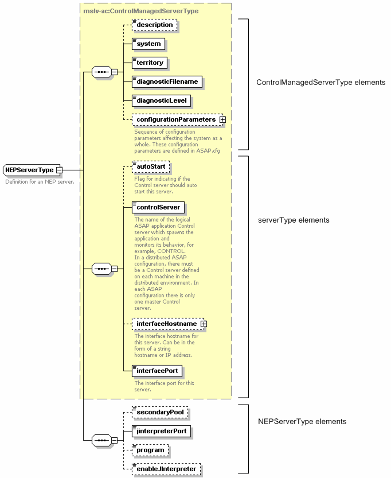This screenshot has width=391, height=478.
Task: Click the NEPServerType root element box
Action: [29, 170]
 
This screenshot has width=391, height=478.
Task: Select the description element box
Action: [154, 25]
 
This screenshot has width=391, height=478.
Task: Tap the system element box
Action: [148, 44]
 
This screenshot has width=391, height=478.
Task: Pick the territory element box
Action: [150, 63]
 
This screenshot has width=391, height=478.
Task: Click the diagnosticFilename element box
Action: [166, 81]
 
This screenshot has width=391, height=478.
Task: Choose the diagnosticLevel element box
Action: [161, 100]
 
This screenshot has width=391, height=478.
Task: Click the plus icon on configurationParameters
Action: [222, 119]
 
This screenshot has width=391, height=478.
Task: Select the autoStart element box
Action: [150, 166]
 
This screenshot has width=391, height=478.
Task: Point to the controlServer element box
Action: [158, 207]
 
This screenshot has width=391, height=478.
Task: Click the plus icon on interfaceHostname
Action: [203, 324]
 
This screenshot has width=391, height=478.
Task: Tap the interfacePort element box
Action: [157, 371]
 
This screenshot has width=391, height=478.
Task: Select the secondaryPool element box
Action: [159, 412]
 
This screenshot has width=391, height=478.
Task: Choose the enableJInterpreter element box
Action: [166, 469]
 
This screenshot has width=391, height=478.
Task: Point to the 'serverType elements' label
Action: [294, 220]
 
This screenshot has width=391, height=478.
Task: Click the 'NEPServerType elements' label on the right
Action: [302, 421]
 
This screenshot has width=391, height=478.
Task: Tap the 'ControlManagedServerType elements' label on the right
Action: [320, 82]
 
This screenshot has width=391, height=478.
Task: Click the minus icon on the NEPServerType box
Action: [59, 170]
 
